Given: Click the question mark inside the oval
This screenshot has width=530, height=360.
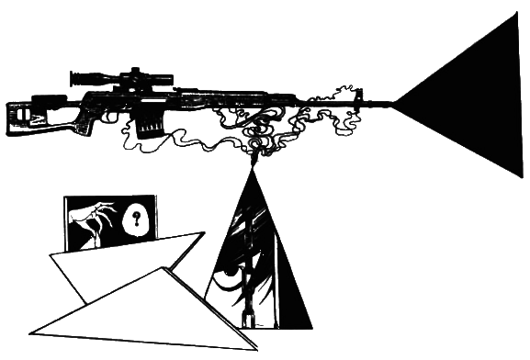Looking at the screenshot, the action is pyautogui.click(x=137, y=219).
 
